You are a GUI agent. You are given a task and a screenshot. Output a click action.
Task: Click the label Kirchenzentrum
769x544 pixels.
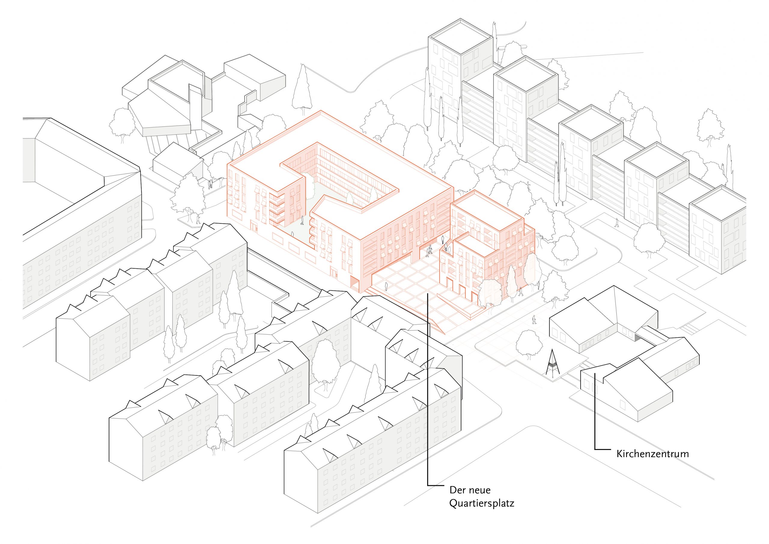coord(652,454)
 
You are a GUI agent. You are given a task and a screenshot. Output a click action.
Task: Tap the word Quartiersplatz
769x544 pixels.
coord(482,503)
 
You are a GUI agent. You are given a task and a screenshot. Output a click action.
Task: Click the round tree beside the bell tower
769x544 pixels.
coord(529,343)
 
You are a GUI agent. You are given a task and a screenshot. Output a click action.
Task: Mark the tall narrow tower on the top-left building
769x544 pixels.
coord(195,108)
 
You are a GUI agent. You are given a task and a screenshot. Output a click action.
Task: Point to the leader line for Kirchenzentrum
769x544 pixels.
coord(595,411)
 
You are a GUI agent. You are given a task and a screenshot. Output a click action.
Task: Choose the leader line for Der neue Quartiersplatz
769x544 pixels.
coord(428,389)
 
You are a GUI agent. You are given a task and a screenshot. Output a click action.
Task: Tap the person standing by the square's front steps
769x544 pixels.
coord(386,287)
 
